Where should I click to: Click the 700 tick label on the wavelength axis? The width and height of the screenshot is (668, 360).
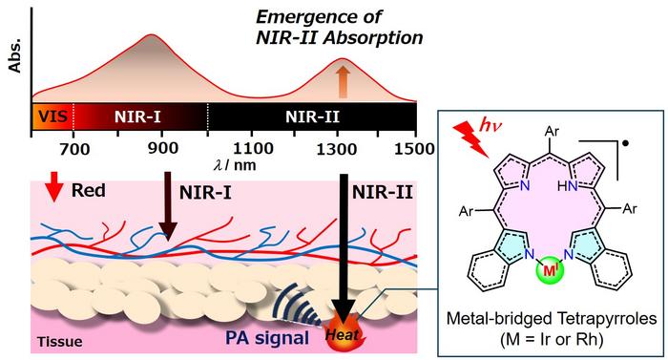click(73, 149)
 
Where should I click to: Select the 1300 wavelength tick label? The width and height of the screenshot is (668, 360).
click(330, 149)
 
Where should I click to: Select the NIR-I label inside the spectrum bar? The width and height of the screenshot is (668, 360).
click(137, 117)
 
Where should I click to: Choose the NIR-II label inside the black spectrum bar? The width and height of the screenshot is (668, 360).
click(310, 117)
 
